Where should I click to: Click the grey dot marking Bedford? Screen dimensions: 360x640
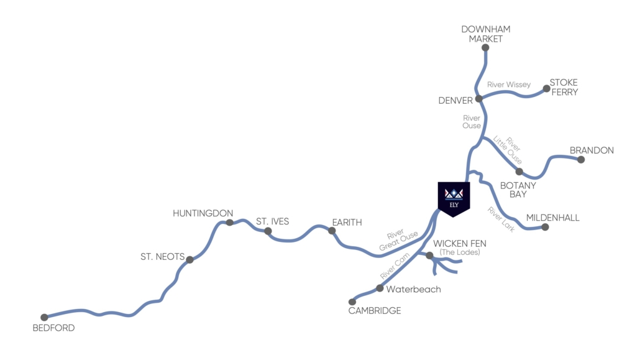tap(44, 317)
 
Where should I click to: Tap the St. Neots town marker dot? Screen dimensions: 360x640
tap(190, 260)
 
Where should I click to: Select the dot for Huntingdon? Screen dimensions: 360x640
tap(230, 223)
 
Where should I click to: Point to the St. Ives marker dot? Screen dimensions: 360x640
tap(268, 231)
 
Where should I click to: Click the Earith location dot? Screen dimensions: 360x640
tap(332, 231)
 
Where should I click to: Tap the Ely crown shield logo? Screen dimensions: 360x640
tap(454, 198)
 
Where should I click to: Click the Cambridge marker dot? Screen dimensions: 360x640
tap(352, 302)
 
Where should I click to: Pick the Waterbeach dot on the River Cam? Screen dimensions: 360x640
tap(380, 288)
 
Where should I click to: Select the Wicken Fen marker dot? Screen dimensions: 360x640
tap(429, 255)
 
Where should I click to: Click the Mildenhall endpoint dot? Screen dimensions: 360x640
tap(545, 227)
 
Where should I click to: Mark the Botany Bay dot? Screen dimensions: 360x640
tap(519, 171)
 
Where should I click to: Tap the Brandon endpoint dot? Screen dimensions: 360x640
tap(581, 160)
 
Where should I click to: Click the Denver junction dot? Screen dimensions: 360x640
tap(479, 99)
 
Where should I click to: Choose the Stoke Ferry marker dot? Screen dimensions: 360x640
tap(547, 88)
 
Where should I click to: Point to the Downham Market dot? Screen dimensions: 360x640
tap(485, 47)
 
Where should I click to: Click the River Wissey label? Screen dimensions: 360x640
tap(509, 85)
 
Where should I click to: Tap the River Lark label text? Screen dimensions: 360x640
tap(501, 219)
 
